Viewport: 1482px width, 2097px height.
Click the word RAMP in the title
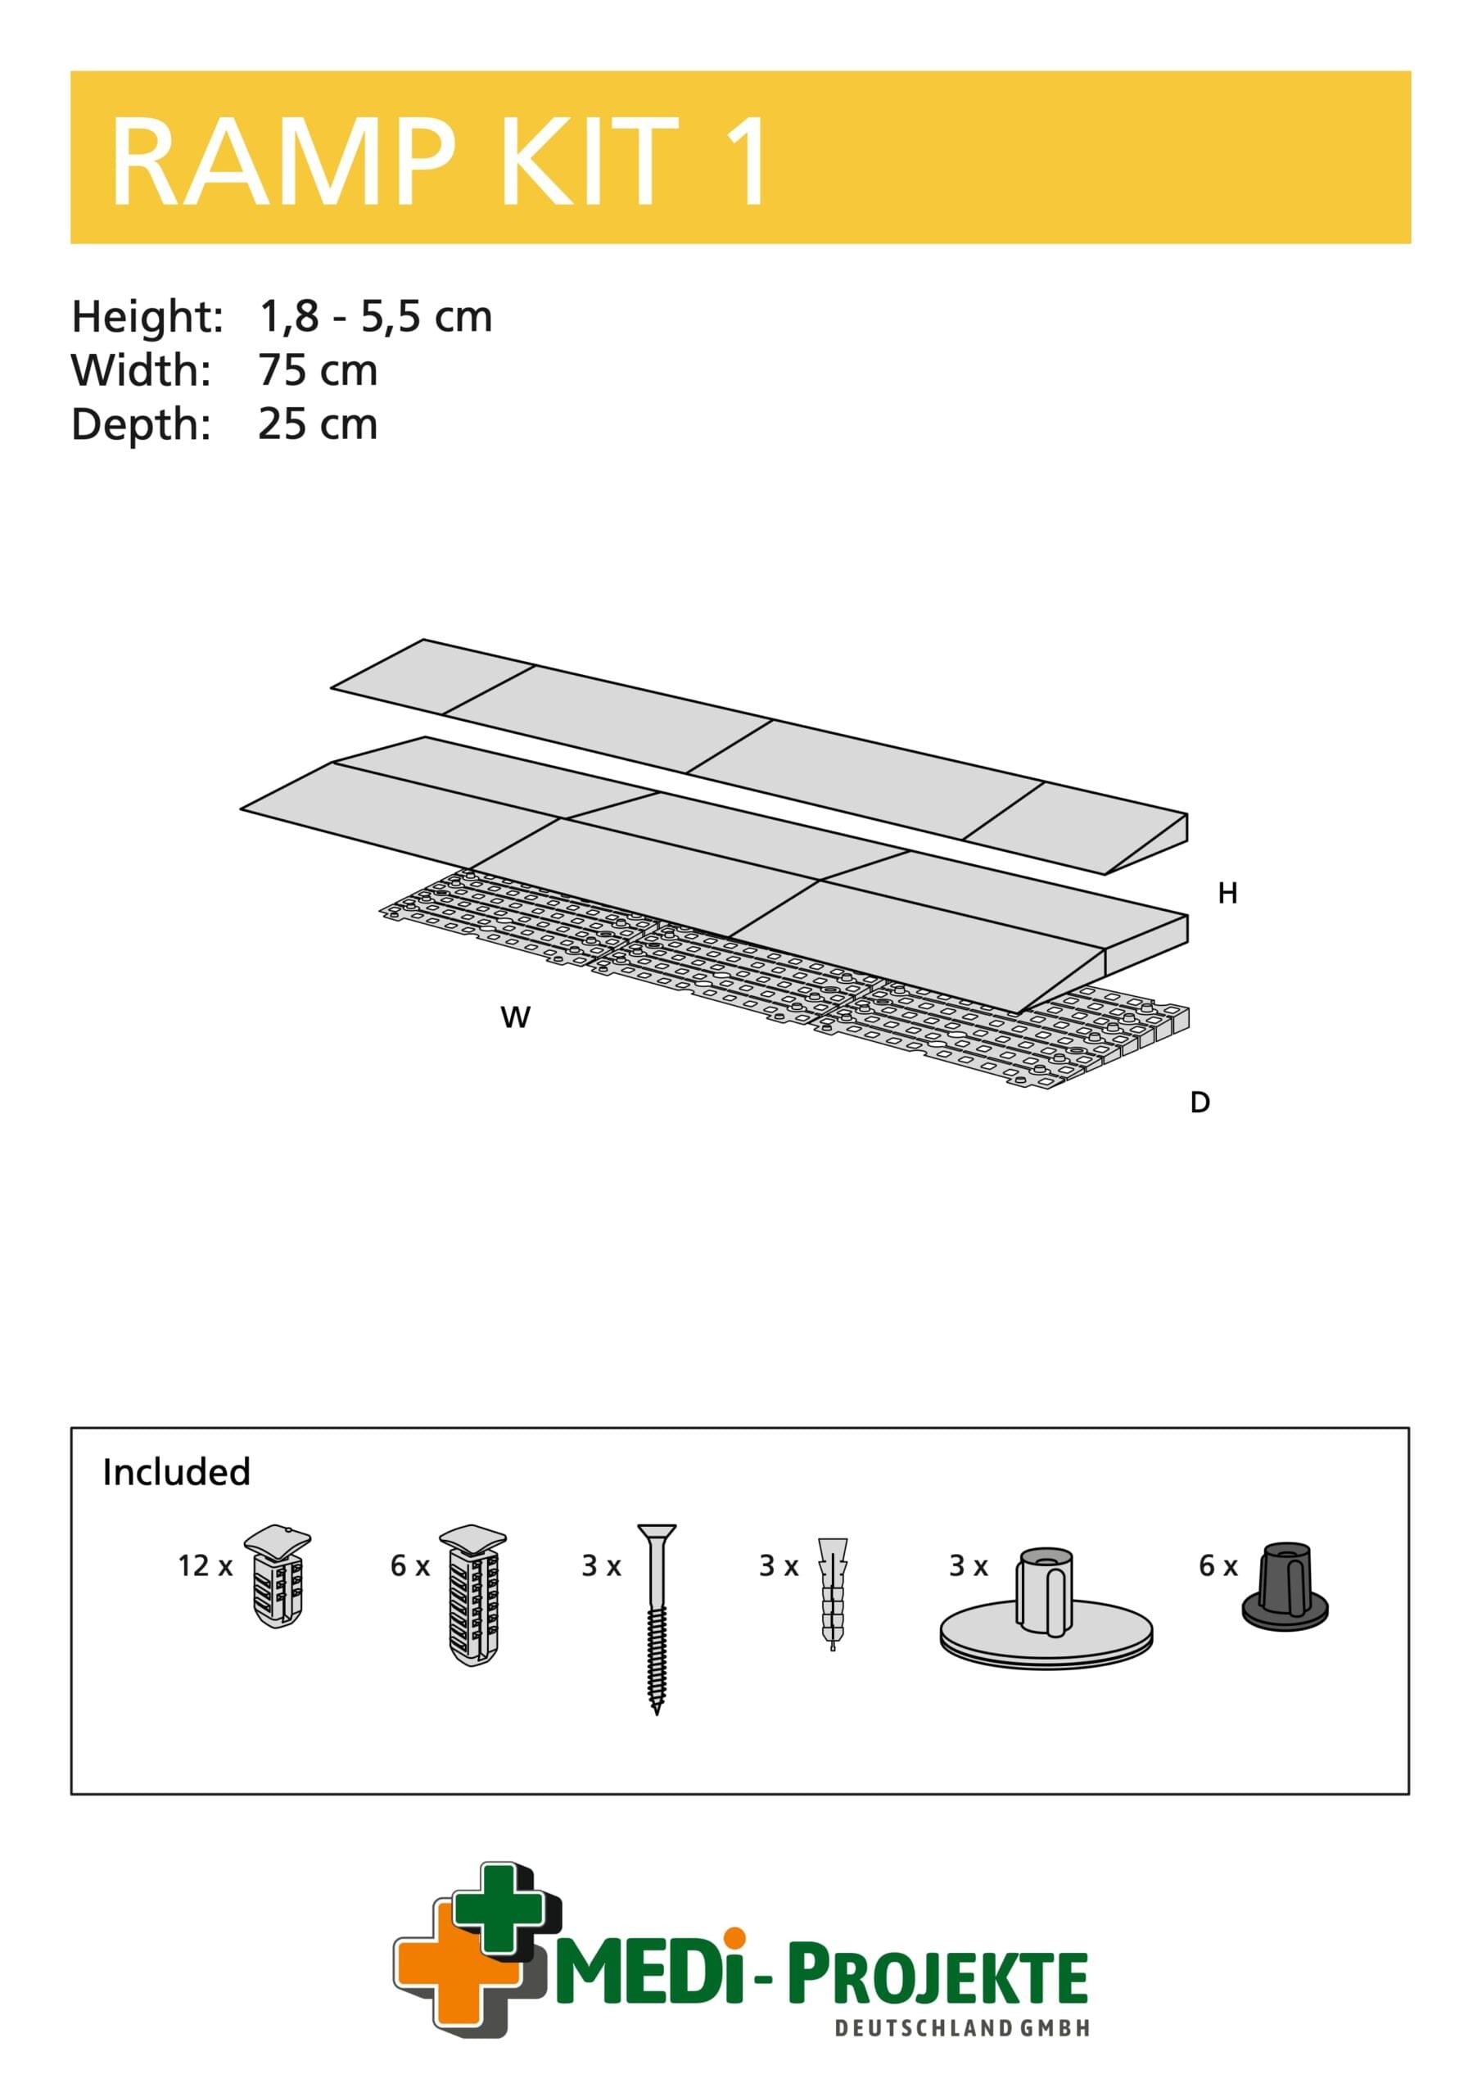(x=281, y=162)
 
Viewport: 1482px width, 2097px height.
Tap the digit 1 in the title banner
(x=744, y=162)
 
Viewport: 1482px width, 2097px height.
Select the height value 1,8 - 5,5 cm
(x=375, y=317)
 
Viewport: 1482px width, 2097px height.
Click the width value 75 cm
(x=317, y=371)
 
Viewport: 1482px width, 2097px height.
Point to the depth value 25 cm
(x=317, y=424)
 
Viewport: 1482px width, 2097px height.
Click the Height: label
(x=147, y=317)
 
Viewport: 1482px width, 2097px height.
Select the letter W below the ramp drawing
(x=515, y=1017)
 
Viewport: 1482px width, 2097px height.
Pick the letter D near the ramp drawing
(x=1200, y=1103)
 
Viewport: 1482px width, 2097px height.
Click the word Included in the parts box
(x=176, y=1472)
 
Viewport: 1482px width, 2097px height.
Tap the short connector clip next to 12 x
(x=278, y=1575)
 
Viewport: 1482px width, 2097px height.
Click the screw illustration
(x=657, y=1618)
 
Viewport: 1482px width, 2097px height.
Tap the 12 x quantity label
(x=205, y=1565)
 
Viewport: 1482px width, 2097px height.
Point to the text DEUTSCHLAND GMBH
(x=962, y=2028)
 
